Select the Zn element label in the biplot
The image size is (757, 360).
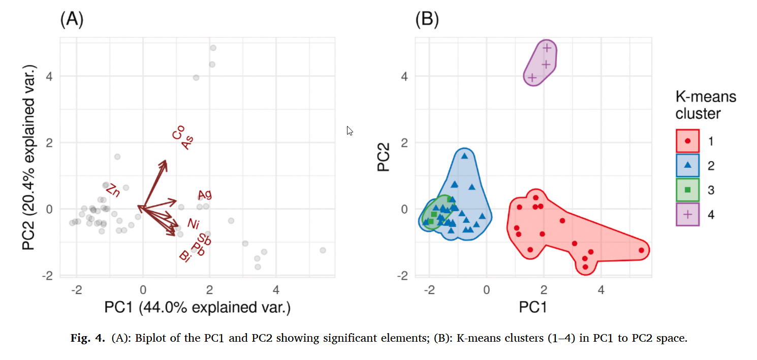tap(113, 191)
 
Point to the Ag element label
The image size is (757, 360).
tap(205, 194)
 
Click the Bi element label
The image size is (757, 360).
tap(185, 255)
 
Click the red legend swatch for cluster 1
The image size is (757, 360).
tap(687, 141)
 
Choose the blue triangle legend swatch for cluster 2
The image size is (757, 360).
tap(687, 165)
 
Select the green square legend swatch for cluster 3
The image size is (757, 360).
tap(687, 190)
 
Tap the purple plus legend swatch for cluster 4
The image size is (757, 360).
tap(687, 214)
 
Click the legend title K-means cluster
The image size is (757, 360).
tap(706, 105)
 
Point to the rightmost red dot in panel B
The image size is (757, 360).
tap(641, 250)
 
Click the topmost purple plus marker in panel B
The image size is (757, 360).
tap(547, 48)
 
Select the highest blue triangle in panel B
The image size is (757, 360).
tap(464, 156)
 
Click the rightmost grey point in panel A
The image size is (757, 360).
tap(323, 250)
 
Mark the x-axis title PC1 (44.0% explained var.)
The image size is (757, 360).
tap(197, 307)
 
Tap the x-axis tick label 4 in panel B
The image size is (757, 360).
tap(601, 290)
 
